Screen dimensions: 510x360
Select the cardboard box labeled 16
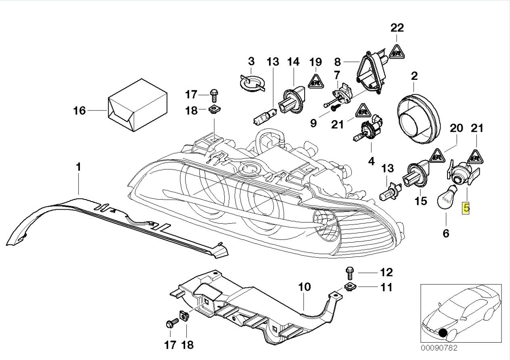138,105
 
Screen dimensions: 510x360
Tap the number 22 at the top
397,28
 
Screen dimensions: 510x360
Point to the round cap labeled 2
419,118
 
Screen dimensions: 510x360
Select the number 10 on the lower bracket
304,287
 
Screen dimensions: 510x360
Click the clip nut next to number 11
349,287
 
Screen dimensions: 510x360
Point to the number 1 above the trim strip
78,167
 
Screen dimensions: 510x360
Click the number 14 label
293,62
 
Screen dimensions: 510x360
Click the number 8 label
337,62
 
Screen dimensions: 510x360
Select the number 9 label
314,123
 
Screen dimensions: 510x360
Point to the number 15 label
420,201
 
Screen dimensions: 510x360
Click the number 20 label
456,128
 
